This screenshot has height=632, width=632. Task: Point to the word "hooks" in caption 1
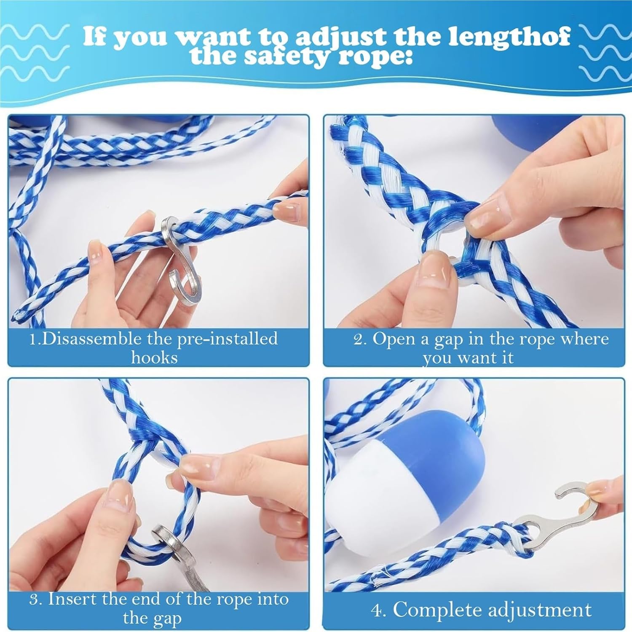154,358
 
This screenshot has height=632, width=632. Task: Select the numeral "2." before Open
361,339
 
